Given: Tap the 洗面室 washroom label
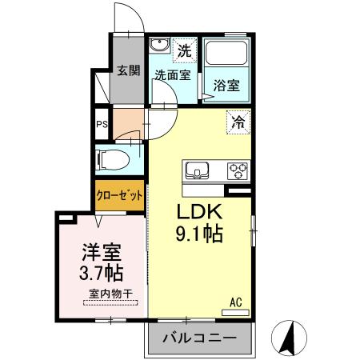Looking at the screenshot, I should [x=172, y=74].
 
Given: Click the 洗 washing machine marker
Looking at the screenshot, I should [x=185, y=50].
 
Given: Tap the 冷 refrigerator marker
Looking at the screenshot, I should [x=238, y=122].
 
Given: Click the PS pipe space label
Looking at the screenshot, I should [x=102, y=124].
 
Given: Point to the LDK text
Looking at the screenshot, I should [x=199, y=214].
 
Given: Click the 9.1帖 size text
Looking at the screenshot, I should [x=199, y=236].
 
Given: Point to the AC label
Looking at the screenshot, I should [x=236, y=302].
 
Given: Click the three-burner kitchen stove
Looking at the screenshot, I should [x=238, y=170].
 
